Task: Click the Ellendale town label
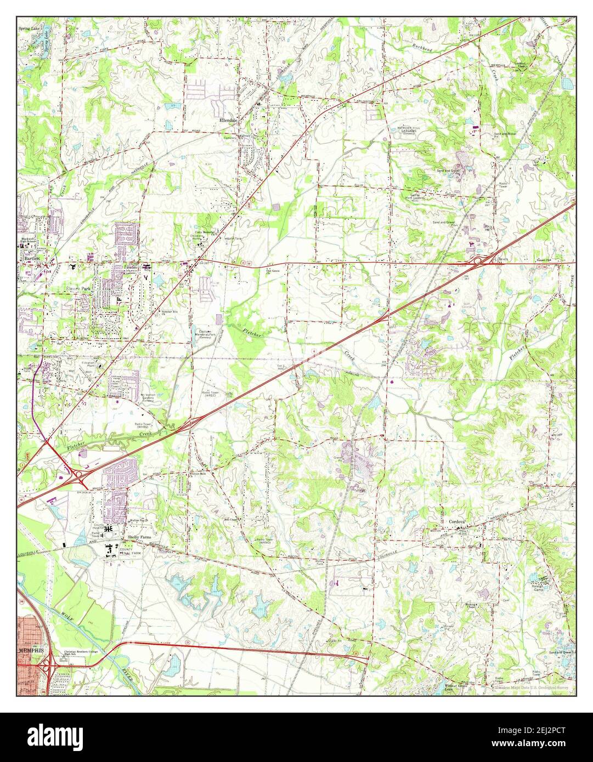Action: click(227, 119)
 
